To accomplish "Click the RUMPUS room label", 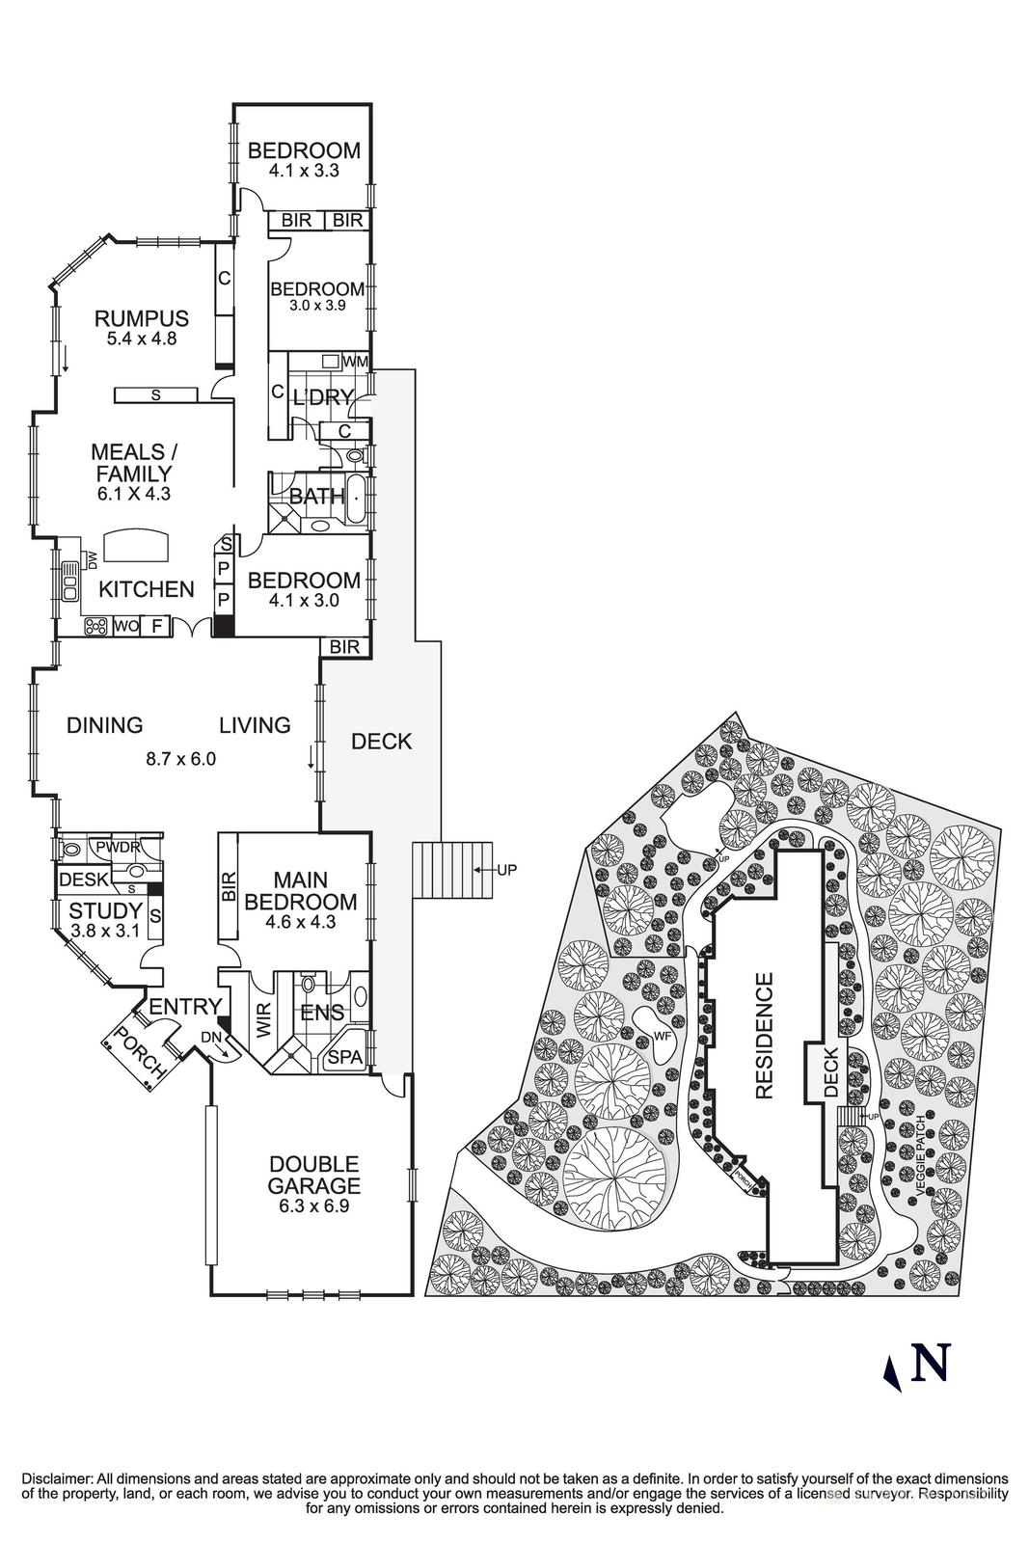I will [141, 318].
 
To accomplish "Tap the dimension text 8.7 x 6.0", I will [180, 759].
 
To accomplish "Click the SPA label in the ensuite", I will [345, 1058].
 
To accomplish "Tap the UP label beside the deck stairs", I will [506, 870].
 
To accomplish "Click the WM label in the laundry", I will [355, 362].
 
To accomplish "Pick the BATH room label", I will [317, 497].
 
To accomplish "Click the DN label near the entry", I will [209, 1037].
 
